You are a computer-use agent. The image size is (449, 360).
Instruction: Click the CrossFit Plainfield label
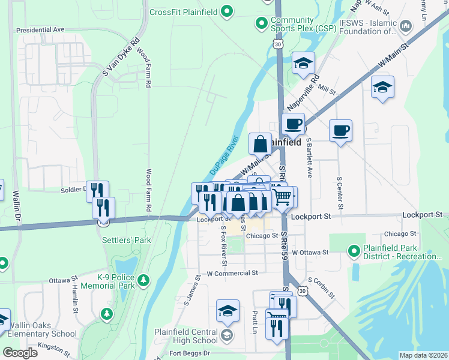182,12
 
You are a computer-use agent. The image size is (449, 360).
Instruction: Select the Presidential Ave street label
40,29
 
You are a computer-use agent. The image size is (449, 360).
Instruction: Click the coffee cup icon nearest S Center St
340,130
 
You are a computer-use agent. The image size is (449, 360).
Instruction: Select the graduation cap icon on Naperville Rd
303,63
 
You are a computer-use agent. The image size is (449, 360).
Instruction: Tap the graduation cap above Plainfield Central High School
228,311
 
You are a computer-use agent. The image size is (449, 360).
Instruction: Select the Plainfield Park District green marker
354,251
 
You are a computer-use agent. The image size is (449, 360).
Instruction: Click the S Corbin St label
321,289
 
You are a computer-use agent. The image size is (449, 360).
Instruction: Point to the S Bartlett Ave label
310,157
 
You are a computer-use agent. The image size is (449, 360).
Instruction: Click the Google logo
20,353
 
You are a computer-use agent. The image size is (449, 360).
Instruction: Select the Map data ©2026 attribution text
423,355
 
